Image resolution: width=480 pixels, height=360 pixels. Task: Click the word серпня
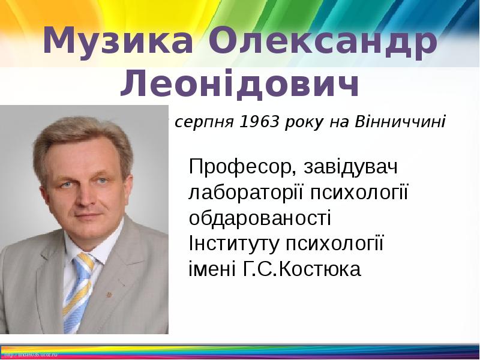[205, 123]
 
